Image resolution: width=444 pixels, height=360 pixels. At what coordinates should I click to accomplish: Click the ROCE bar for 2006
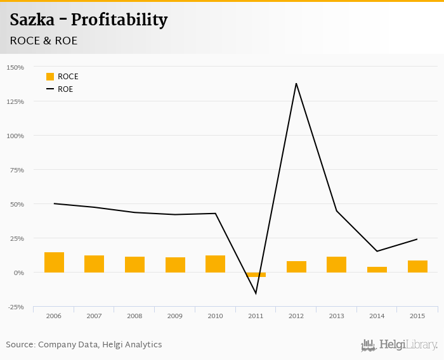coord(54,262)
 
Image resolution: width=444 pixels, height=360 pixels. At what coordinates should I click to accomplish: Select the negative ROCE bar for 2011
coord(256,274)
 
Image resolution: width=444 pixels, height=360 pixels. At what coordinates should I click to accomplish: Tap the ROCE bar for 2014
coord(377,269)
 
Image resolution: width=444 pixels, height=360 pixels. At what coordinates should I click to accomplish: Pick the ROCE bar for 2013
coord(337,264)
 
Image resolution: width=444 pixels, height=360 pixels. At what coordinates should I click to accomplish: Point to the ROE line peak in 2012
coord(296,83)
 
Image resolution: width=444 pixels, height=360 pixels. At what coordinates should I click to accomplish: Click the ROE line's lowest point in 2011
coord(256,293)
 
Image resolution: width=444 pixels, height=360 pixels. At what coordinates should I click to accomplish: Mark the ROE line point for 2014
coord(377,251)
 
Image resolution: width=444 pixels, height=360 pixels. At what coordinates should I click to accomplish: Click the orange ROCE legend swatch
coord(50,77)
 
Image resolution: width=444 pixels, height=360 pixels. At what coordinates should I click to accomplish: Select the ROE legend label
coord(65,89)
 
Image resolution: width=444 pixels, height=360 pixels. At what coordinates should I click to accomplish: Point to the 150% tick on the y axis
coord(15,67)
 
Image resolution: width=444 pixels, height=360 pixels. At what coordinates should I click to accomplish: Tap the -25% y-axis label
coord(15,307)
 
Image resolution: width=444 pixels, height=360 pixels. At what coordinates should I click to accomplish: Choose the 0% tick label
coord(18,273)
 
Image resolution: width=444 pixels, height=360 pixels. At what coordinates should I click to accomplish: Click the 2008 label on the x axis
coord(134,316)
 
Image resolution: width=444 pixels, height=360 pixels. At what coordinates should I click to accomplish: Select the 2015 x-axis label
coord(417,316)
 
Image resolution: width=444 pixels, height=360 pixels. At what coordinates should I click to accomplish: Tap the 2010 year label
coord(215,316)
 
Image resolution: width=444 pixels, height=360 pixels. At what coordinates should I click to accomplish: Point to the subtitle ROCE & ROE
coord(44,41)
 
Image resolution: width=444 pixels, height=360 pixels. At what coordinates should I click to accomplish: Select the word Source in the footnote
coord(20,345)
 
